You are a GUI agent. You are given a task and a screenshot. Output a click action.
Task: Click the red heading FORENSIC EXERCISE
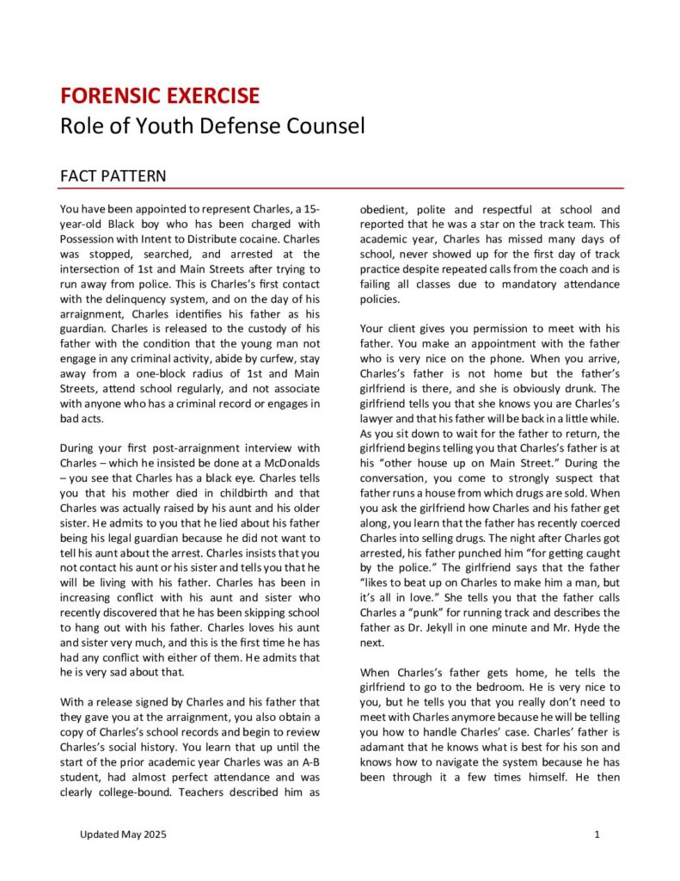click(159, 95)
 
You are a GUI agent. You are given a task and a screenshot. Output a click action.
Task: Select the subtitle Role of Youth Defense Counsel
click(211, 126)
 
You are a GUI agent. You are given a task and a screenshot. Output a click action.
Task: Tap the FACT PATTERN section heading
click(113, 176)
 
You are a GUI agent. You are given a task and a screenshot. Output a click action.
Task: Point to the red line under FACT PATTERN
click(341, 188)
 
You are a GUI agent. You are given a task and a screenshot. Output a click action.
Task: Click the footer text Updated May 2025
click(124, 835)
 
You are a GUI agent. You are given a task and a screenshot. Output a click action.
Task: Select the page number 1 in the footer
click(596, 835)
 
